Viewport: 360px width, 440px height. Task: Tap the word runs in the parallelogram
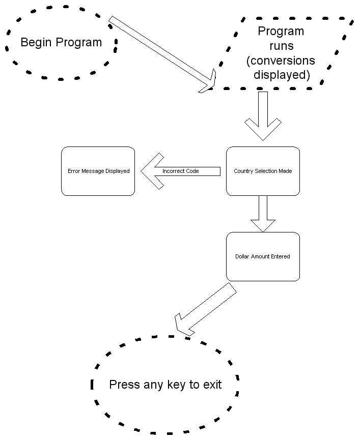point(281,46)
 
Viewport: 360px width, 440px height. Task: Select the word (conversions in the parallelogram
point(281,61)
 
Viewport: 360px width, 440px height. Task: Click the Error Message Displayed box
point(98,171)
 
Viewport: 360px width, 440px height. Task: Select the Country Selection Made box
point(263,171)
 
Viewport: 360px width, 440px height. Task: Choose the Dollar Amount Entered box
point(263,257)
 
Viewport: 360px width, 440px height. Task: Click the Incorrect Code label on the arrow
point(180,171)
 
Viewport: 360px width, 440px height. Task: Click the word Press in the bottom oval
point(124,385)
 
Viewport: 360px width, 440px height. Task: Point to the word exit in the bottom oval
point(211,385)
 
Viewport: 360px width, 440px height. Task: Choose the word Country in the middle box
point(243,171)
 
